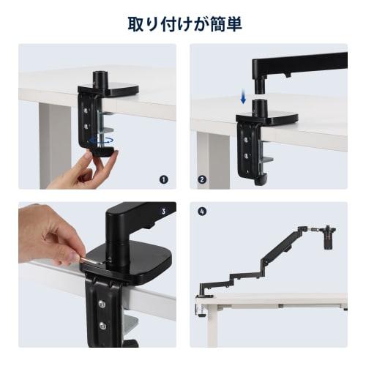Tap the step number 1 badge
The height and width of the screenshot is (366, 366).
(164, 178)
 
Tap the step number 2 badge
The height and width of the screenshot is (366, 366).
(203, 178)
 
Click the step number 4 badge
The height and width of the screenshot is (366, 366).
(203, 212)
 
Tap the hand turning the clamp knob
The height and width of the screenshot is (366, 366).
(94, 168)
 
